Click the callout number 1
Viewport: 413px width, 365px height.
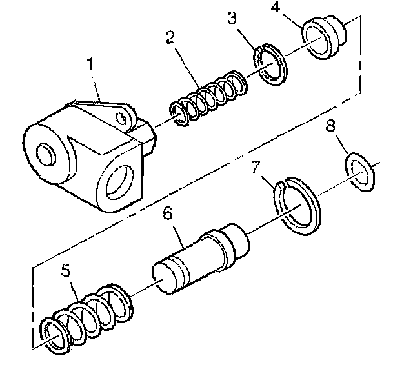point(91,66)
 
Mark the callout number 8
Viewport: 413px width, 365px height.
point(330,126)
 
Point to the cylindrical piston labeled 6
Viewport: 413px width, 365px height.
point(200,254)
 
